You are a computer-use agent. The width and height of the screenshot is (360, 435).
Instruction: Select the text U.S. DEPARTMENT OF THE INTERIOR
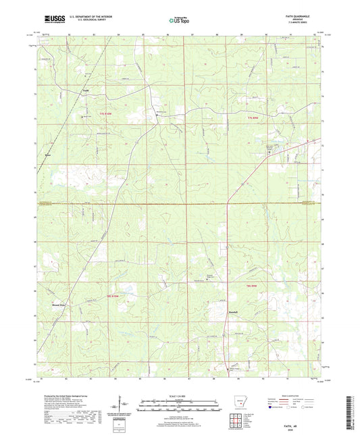[93, 18]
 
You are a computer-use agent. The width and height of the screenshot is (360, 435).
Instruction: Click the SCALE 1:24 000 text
[180, 395]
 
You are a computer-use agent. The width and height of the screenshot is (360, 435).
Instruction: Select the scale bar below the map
[180, 408]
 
